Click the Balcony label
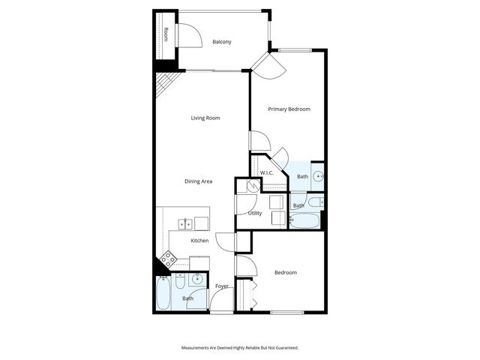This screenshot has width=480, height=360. pos(221,42)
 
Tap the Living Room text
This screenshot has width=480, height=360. pos(205,118)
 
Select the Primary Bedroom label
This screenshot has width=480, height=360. pos(289,109)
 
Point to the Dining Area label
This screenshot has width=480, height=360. pos(199,181)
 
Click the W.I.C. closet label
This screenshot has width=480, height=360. pos(267,173)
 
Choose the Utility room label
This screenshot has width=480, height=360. pos(254,213)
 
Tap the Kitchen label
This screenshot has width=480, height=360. pos(199,241)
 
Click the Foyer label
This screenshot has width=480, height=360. pos(222,286)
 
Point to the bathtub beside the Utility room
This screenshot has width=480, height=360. pos(304,222)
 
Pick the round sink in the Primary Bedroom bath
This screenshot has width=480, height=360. pos(317,177)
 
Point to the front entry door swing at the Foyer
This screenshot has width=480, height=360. pos(220,302)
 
